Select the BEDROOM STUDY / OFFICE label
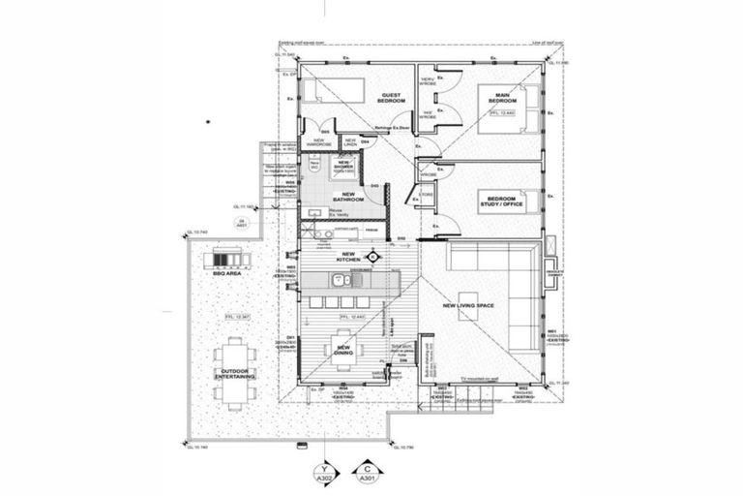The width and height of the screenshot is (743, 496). [501, 200]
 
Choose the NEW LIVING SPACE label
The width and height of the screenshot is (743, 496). [468, 306]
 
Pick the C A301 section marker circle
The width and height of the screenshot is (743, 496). [368, 473]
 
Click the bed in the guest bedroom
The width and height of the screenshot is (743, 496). [330, 91]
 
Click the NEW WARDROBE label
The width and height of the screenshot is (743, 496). [319, 141]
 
